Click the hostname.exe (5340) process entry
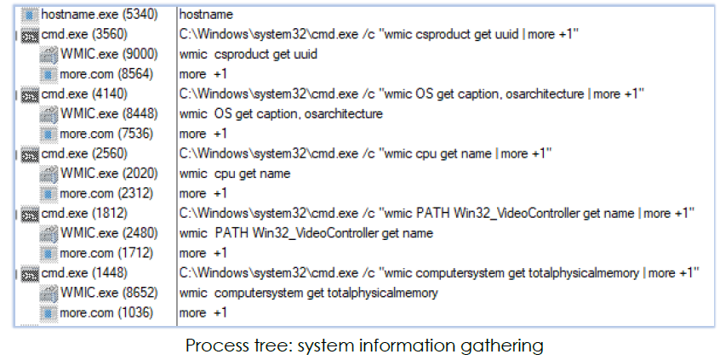pyautogui.click(x=100, y=14)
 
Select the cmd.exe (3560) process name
pyautogui.click(x=84, y=34)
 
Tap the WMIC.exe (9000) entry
pyautogui.click(x=109, y=54)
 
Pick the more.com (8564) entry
pyautogui.click(x=106, y=74)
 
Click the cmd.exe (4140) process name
pyautogui.click(x=84, y=94)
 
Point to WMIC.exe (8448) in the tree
pyautogui.click(x=109, y=114)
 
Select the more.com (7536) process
pyautogui.click(x=106, y=134)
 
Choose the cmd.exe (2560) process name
pyautogui.click(x=84, y=154)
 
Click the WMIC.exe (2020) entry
pyautogui.click(x=109, y=174)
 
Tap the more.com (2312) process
pyautogui.click(x=106, y=193)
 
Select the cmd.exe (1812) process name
pyautogui.click(x=84, y=214)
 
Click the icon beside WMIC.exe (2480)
pyautogui.click(x=49, y=234)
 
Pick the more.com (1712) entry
pyautogui.click(x=106, y=253)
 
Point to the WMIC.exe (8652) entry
pyautogui.click(x=109, y=293)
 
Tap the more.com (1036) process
pyautogui.click(x=106, y=312)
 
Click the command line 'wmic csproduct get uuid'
pyautogui.click(x=249, y=54)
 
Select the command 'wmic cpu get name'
pyautogui.click(x=235, y=174)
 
